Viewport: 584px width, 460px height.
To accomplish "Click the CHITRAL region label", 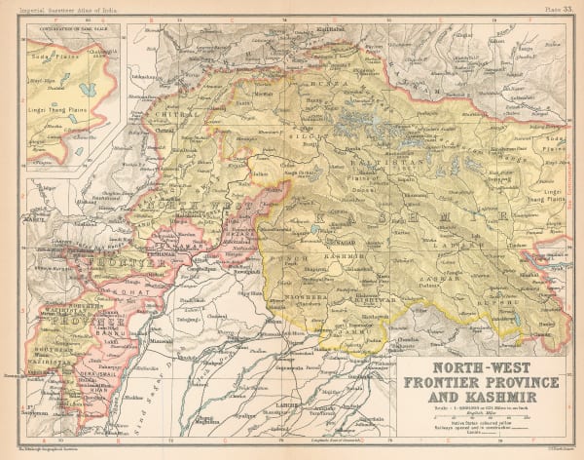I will [x=172, y=115].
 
